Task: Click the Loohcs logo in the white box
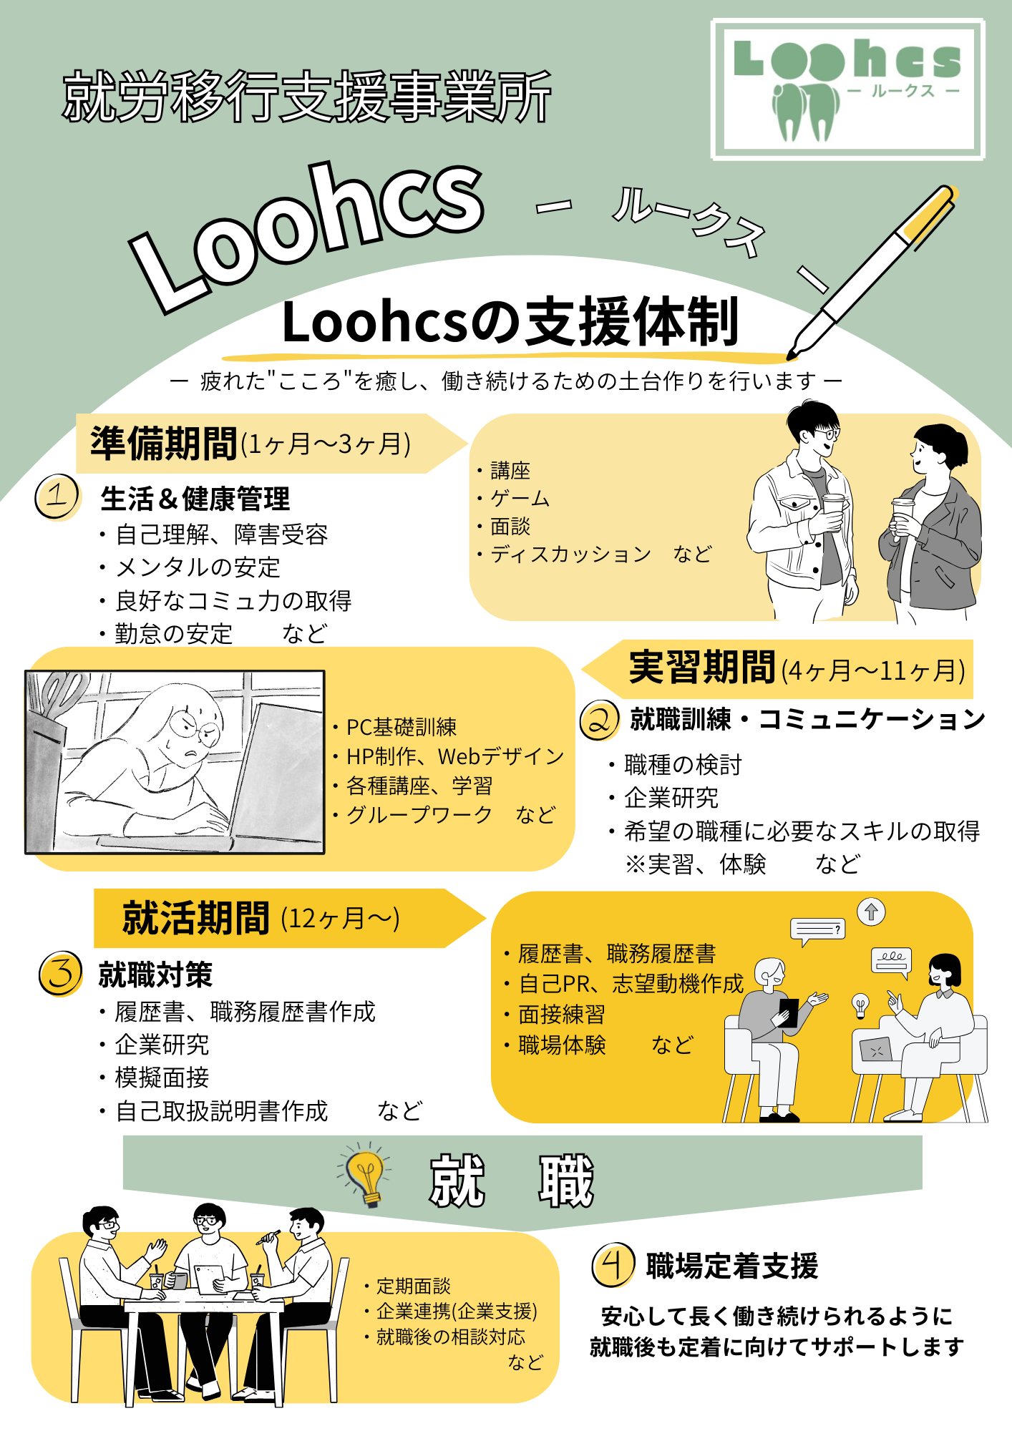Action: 848,89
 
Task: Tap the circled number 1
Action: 57,497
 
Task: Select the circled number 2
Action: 599,720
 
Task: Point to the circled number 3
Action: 61,974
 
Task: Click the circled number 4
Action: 613,1265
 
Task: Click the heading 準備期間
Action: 164,444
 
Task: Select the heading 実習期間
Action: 701,668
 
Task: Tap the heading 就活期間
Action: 195,918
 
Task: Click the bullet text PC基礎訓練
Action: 402,728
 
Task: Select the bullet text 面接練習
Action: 562,1015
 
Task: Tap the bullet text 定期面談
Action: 414,1286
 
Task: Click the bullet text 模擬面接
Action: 162,1078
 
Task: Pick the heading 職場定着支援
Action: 731,1266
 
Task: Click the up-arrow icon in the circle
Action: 871,912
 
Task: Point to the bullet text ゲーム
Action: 520,499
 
